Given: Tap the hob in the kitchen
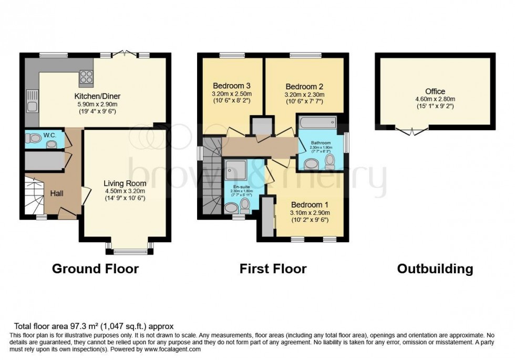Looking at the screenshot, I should tap(86, 78).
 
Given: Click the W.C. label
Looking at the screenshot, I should tap(50, 135).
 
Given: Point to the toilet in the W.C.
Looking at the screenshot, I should tap(34, 139).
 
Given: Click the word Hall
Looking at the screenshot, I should tap(57, 194).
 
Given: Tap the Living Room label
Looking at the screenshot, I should tap(125, 183).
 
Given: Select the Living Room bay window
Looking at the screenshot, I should tap(129, 249).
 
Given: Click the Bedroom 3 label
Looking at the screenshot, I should tap(232, 86).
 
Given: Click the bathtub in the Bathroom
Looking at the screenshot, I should tap(317, 123).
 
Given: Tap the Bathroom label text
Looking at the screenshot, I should tap(320, 142).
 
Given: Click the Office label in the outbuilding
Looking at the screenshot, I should tap(435, 91).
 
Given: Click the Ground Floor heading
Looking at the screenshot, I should tap(95, 269).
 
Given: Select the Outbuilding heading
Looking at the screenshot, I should tap(435, 269).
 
